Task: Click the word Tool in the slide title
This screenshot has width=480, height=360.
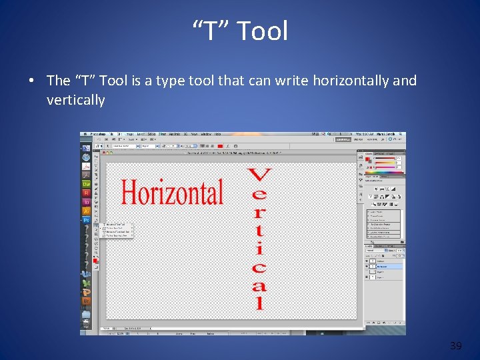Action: coord(262,31)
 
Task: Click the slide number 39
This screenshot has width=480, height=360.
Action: coord(456,345)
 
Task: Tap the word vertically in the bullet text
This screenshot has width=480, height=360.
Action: coord(75,100)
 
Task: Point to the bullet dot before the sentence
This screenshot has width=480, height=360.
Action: coord(32,81)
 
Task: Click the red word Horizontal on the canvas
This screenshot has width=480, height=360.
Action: coord(171,193)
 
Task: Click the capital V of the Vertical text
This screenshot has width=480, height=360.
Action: coord(259,176)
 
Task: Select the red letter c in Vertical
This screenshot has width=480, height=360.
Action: coord(259,268)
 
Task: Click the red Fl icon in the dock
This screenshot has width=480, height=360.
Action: coord(87,192)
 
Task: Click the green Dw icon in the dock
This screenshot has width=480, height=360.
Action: coord(87,183)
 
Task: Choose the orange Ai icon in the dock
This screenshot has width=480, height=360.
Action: coord(87,211)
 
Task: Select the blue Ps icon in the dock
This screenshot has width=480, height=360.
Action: coord(87,219)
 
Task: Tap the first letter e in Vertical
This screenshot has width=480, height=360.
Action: coord(259,195)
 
